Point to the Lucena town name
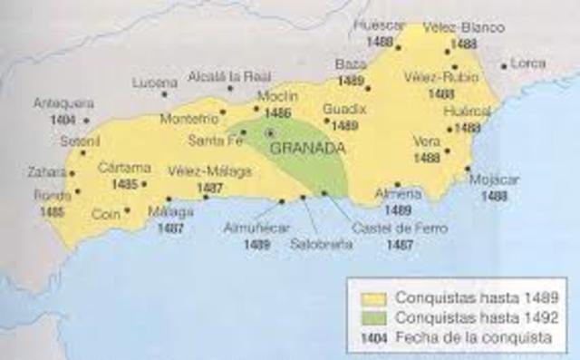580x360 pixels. tap(150, 82)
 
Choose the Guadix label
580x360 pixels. tap(344, 109)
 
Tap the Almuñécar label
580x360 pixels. tap(255, 229)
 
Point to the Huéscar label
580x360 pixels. tap(381, 27)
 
